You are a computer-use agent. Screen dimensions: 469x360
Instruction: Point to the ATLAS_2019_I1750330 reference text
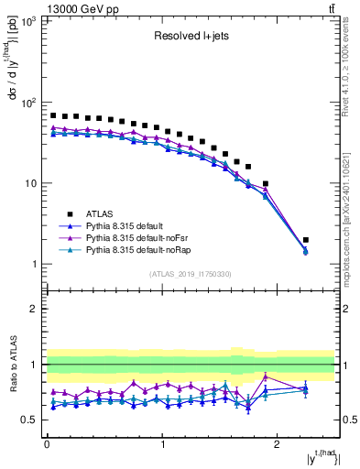190,274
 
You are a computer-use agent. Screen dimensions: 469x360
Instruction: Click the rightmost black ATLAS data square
306,239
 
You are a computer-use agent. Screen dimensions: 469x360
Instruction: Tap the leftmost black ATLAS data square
53,115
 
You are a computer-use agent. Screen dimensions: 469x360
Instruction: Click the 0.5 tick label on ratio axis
31,420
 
